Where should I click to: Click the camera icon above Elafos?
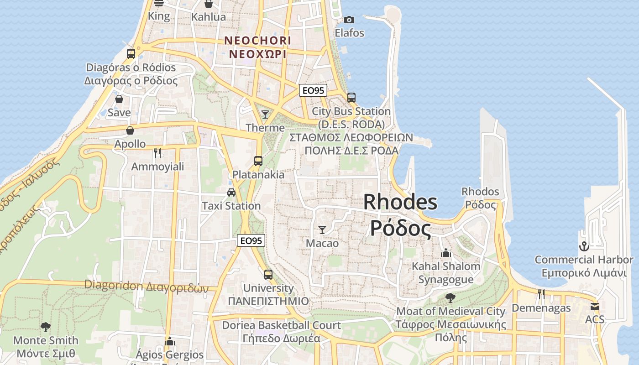[349, 20]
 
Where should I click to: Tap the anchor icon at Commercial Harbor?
[584, 247]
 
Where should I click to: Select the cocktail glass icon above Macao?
[322, 229]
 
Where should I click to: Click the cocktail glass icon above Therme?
[265, 114]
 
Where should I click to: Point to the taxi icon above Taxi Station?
[231, 192]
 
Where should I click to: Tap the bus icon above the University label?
[268, 274]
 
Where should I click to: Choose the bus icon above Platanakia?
[258, 161]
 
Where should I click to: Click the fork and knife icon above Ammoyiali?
[157, 153]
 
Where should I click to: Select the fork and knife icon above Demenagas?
[541, 294]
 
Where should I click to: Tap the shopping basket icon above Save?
[119, 99]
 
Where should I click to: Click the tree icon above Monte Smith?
[45, 327]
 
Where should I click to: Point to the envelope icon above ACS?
[594, 306]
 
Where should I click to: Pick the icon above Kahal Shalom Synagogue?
[446, 252]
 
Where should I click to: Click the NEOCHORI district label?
[257, 41]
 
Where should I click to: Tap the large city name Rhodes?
[400, 202]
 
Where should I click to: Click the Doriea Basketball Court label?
[281, 325]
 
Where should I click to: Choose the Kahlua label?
[209, 17]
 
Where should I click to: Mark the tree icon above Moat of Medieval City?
[450, 298]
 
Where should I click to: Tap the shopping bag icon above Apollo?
[130, 130]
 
